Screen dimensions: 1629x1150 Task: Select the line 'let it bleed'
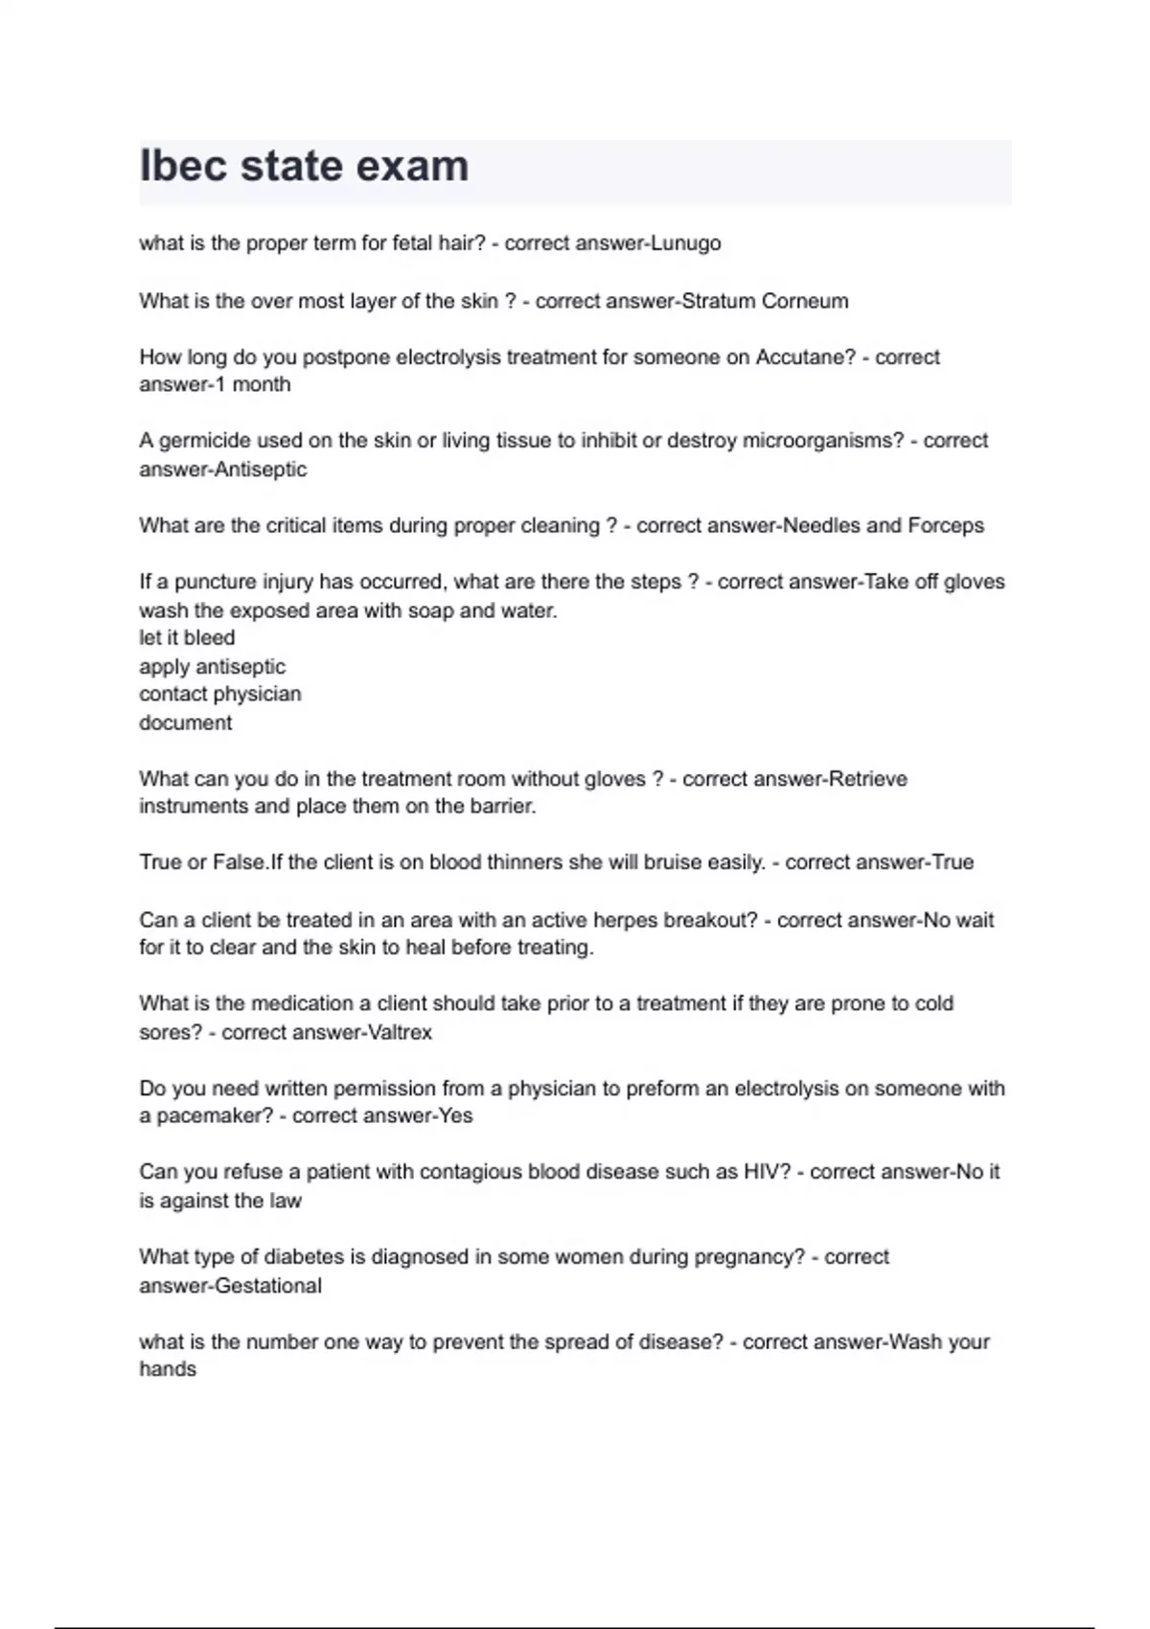187,638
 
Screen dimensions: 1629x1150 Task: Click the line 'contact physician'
220,694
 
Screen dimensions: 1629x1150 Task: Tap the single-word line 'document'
186,723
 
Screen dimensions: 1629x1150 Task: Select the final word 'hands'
168,1369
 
